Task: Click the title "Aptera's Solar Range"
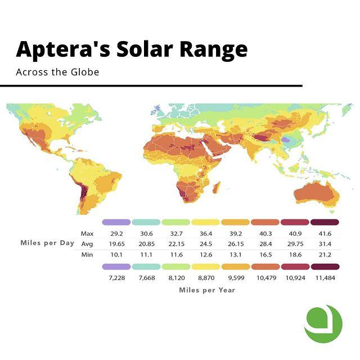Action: coord(132,49)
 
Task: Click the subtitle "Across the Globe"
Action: coord(57,73)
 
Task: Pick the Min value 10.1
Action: coord(116,254)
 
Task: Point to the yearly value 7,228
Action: coord(116,278)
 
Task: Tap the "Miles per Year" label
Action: coord(207,290)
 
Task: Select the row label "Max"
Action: coord(87,233)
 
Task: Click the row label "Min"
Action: coord(87,254)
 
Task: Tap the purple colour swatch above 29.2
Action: coord(116,222)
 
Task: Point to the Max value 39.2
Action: coord(235,233)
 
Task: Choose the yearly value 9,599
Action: coord(235,278)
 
